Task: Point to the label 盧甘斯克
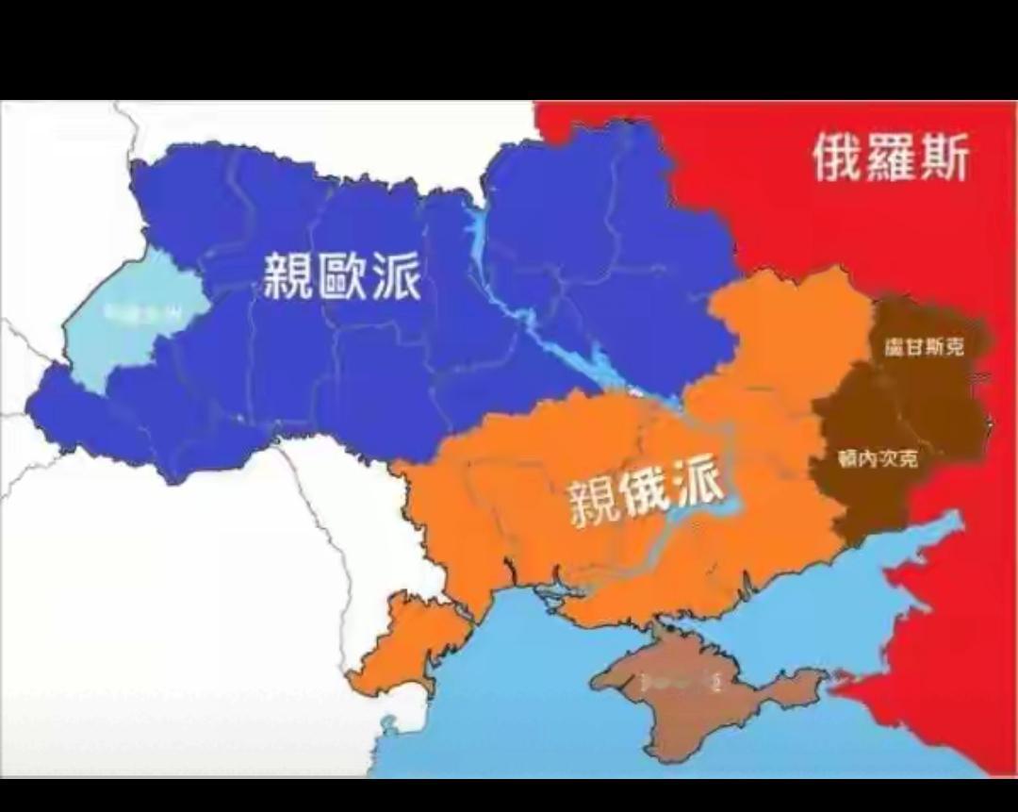(x=924, y=347)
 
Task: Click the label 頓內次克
(x=878, y=458)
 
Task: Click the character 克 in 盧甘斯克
(x=955, y=347)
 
